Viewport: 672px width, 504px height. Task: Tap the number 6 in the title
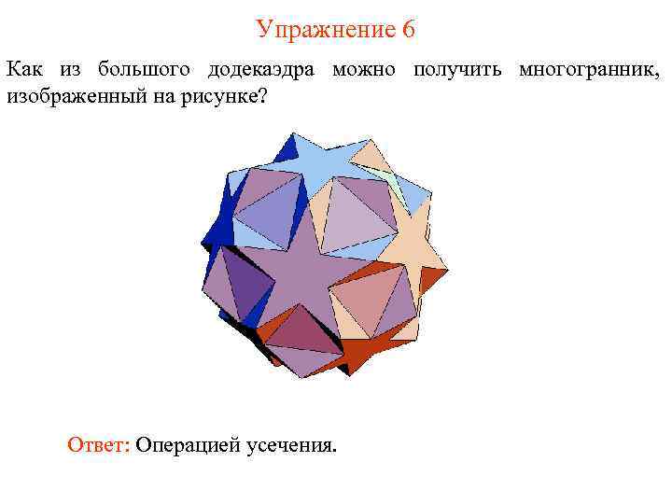pyautogui.click(x=409, y=30)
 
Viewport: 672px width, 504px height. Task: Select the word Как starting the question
pyautogui.click(x=23, y=71)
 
